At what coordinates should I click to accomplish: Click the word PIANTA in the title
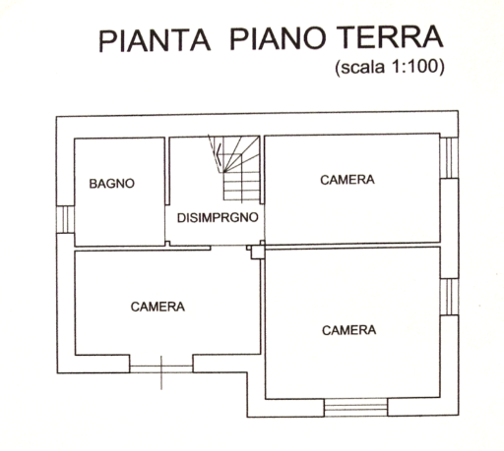[x=155, y=40]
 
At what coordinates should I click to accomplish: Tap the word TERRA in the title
[x=390, y=37]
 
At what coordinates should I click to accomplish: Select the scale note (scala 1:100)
[x=390, y=67]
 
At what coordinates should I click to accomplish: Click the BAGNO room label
[x=112, y=184]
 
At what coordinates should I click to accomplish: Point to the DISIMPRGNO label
[x=218, y=217]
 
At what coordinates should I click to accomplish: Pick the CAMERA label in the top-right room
[x=347, y=180]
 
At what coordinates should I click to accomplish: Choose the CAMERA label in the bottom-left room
[x=157, y=307]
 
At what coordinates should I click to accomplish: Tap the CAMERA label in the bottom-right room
[x=349, y=330]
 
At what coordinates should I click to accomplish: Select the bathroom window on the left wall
[x=65, y=219]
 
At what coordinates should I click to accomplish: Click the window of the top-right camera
[x=449, y=157]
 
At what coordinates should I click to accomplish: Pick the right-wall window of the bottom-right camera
[x=449, y=297]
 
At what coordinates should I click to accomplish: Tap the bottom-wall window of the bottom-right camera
[x=356, y=407]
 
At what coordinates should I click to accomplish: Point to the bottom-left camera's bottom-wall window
[x=161, y=368]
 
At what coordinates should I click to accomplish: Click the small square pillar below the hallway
[x=258, y=253]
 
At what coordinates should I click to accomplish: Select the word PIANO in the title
[x=279, y=38]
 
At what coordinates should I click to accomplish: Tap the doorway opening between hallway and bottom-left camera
[x=228, y=247]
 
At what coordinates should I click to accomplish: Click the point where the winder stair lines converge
[x=224, y=172]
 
